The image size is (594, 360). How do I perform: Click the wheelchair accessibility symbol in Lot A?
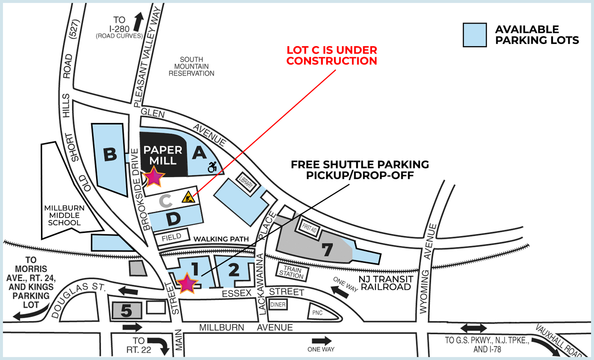212,167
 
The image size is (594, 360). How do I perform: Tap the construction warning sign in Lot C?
188,197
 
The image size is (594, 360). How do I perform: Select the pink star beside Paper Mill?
153,177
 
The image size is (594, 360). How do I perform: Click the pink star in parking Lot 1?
187,283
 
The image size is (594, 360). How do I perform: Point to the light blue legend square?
475,35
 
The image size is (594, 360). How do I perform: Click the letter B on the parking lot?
110,154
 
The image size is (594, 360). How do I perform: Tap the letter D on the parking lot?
173,219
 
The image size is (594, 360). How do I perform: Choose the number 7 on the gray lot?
327,249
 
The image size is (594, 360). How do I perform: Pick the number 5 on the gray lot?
126,311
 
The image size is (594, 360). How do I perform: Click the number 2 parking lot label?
234,270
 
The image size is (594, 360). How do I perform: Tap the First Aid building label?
309,227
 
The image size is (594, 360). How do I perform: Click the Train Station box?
292,272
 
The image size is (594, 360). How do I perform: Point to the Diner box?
278,305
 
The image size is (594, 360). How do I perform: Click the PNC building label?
317,313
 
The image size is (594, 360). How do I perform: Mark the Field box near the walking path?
172,237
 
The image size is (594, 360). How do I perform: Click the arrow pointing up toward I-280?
139,22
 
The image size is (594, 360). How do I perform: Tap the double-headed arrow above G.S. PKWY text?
474,328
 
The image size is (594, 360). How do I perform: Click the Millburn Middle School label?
64,215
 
